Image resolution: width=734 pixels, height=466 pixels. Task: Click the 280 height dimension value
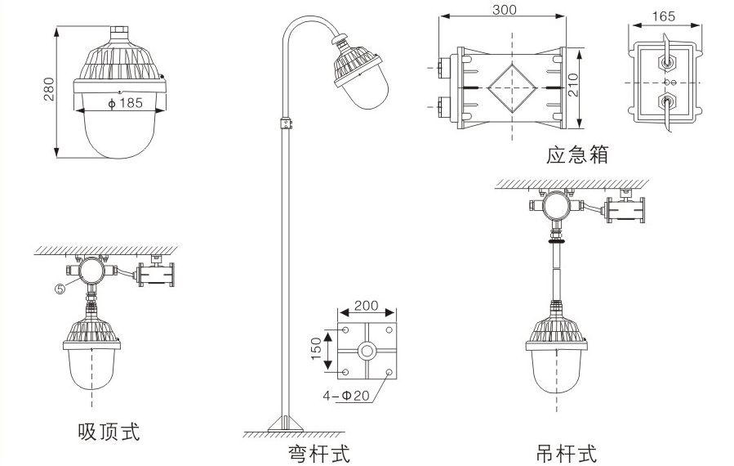48,91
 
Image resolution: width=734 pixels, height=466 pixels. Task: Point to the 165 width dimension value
665,15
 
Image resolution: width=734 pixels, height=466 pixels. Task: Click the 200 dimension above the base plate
366,306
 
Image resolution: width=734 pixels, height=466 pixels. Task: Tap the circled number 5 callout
60,286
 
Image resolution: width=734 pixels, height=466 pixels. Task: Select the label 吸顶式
109,431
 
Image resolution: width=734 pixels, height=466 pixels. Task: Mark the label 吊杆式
566,452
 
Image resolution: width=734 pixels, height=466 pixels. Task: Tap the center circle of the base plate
366,352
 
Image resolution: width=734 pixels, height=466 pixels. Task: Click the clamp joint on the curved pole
286,123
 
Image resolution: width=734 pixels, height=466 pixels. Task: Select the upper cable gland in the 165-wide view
668,61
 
